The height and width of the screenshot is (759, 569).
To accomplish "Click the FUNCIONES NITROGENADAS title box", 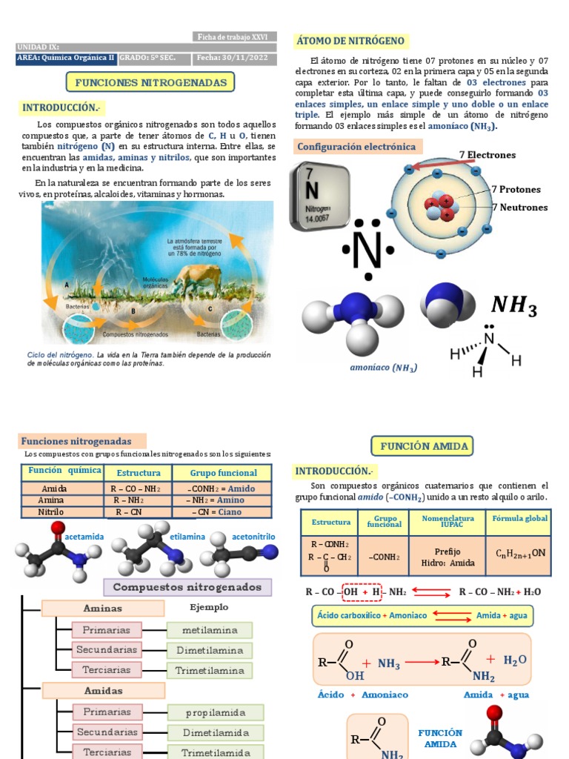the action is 150,82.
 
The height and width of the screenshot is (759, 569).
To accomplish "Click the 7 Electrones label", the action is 487,155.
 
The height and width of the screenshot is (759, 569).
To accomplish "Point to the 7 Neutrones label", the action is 519,208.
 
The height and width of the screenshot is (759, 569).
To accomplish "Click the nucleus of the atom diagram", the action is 439,207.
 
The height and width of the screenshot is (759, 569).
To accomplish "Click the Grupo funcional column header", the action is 223,473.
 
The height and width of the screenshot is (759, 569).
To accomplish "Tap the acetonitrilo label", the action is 253,536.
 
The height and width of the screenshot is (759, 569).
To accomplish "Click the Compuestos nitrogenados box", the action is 187,587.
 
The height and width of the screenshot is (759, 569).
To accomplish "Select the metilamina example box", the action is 210,630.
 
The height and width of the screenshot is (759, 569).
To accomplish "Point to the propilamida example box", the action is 215,712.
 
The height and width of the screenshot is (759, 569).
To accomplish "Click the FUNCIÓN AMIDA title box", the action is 422,446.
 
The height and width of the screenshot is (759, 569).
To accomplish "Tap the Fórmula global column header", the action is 520,519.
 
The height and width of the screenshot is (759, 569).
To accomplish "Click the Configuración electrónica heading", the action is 356,147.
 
